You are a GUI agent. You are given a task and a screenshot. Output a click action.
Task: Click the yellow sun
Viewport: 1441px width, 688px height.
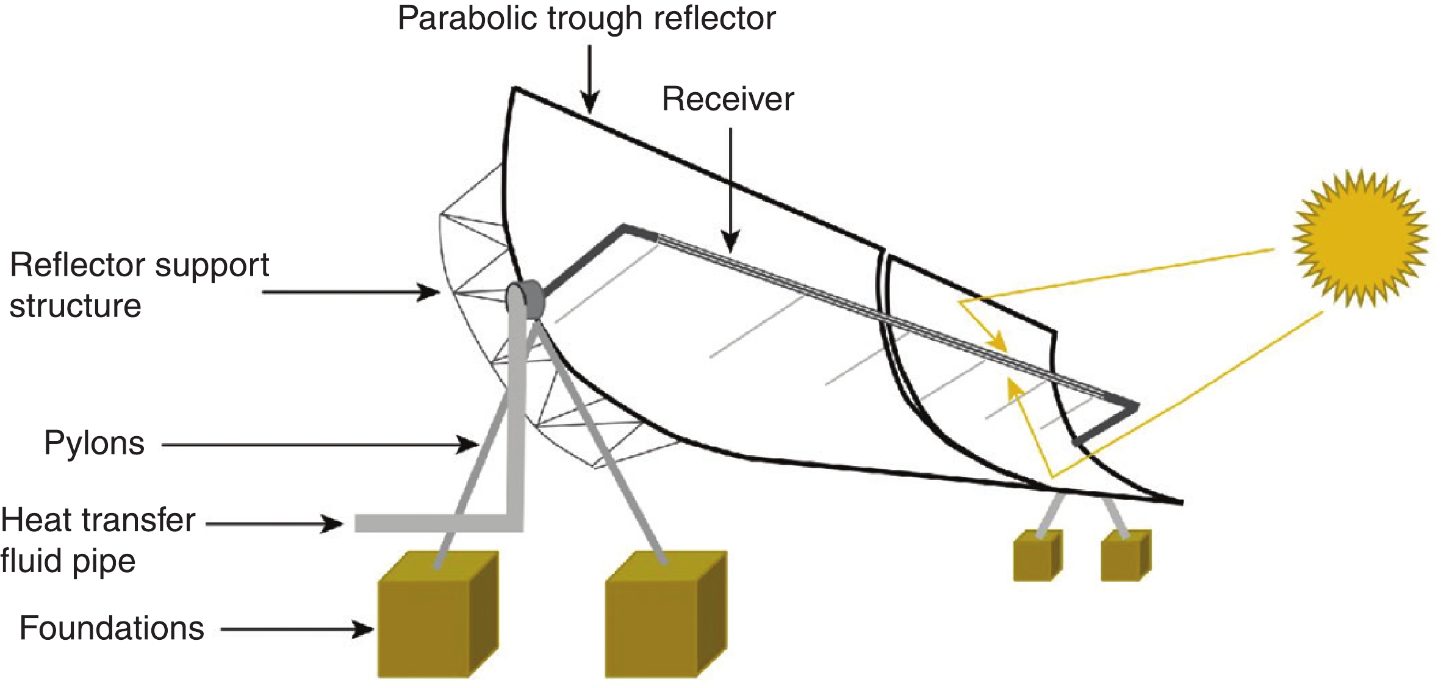tap(1360, 238)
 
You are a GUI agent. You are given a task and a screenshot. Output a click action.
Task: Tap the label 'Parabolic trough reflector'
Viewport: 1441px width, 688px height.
tap(586, 18)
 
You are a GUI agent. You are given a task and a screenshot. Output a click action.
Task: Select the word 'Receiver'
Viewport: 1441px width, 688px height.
tap(728, 99)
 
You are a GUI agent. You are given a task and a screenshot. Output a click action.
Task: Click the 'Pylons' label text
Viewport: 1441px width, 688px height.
tap(94, 443)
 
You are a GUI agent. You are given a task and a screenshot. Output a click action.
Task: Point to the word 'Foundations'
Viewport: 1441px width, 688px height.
tap(112, 628)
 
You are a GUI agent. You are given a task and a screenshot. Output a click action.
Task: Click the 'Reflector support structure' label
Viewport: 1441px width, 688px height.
tap(139, 285)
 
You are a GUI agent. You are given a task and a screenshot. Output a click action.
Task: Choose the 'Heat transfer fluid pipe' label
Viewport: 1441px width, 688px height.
tap(98, 540)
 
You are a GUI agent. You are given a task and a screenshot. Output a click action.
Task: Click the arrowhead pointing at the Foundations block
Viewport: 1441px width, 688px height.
tap(364, 629)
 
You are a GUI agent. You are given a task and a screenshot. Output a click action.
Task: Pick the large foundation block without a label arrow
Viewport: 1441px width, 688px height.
tap(665, 616)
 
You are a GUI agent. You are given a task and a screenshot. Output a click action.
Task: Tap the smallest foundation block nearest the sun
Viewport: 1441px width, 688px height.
tap(1126, 556)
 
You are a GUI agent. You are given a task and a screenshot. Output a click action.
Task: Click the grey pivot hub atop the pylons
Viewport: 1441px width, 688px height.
tap(526, 299)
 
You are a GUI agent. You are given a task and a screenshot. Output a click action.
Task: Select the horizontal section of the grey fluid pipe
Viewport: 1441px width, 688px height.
tap(433, 523)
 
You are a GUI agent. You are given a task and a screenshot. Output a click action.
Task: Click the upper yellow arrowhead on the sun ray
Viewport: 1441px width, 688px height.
tap(998, 342)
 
